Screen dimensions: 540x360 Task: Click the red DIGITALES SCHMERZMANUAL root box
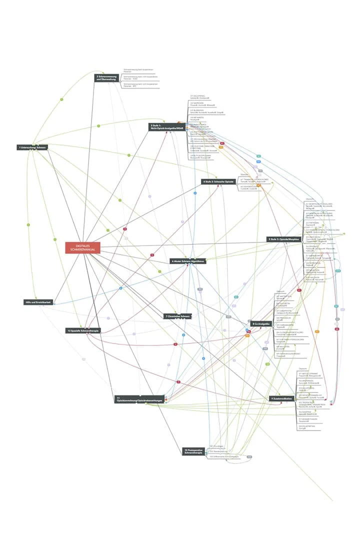[82, 247]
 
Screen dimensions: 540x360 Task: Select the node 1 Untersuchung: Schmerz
[31, 147]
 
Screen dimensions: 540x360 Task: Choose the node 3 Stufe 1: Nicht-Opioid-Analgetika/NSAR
[166, 127]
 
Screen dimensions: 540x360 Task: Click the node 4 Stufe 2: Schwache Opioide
[218, 181]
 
